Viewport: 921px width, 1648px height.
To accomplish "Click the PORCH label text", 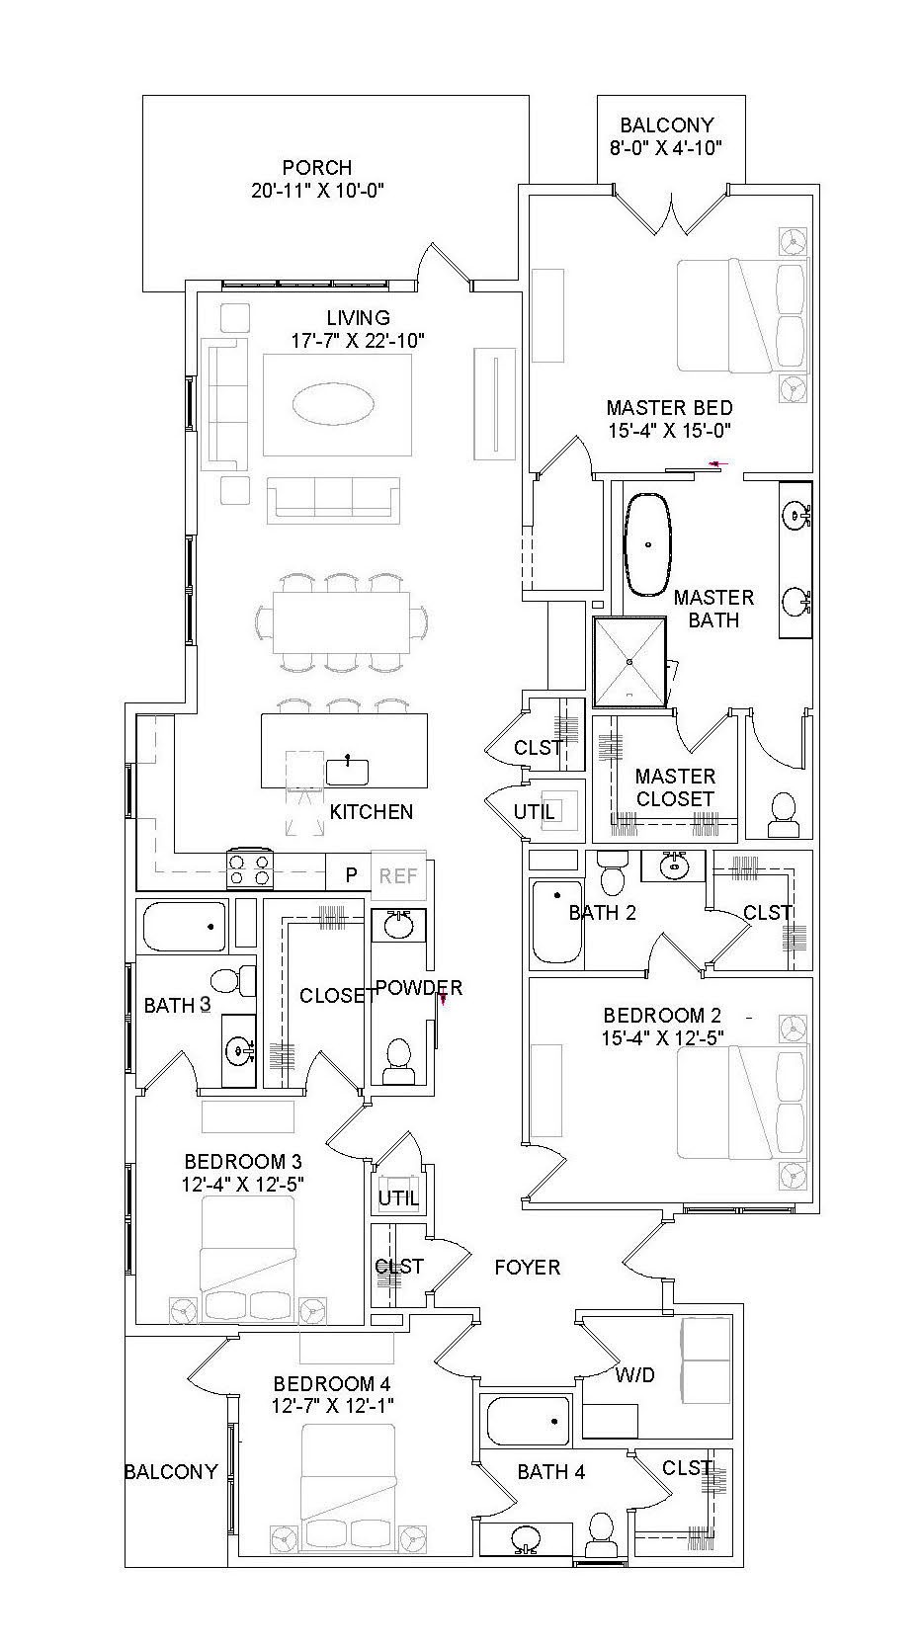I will pyautogui.click(x=316, y=168).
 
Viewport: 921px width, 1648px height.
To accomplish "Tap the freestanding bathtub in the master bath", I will pyautogui.click(x=648, y=544).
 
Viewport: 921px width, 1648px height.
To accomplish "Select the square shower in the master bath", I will pyautogui.click(x=630, y=662).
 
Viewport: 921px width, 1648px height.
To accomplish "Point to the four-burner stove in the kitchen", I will pyautogui.click(x=250, y=869).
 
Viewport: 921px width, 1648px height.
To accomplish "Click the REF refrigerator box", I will pyautogui.click(x=398, y=875).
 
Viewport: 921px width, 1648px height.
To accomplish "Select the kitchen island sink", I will pyautogui.click(x=348, y=771).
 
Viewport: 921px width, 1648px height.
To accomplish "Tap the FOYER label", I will pyautogui.click(x=527, y=1267).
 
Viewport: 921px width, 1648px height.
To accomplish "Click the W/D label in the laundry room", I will pyautogui.click(x=634, y=1374).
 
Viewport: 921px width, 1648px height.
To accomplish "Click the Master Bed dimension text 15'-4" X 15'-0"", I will pyautogui.click(x=669, y=430).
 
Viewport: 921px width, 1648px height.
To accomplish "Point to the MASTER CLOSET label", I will pyautogui.click(x=675, y=787).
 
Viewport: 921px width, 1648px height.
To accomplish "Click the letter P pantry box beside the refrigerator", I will pyautogui.click(x=350, y=875).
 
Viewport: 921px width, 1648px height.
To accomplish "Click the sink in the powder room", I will pyautogui.click(x=399, y=926).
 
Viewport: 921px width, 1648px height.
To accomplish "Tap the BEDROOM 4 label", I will pyautogui.click(x=324, y=1383).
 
